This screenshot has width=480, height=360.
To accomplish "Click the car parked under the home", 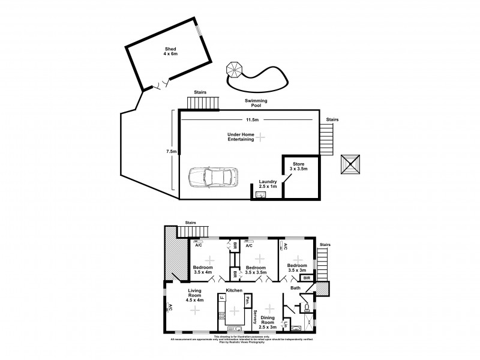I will point(213,177).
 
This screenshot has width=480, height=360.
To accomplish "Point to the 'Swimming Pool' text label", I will point(256,104).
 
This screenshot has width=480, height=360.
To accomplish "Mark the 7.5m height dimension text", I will point(172,152).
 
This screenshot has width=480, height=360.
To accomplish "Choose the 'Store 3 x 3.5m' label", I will point(299,166).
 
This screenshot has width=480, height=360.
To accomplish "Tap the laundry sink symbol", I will point(259,195).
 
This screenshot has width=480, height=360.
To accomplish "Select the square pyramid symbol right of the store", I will point(351,163).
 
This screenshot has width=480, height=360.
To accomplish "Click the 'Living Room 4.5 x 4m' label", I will point(196,295).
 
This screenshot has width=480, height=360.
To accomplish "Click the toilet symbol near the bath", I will point(307,308).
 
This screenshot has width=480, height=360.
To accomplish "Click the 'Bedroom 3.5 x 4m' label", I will point(202,269).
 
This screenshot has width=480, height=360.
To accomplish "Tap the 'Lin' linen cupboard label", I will point(286,326).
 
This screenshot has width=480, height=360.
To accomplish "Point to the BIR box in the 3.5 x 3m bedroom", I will point(306,278).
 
